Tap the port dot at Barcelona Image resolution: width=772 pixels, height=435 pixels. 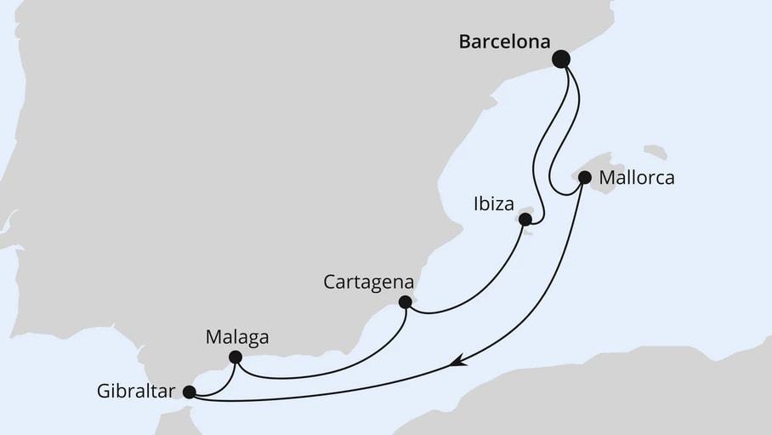click(561, 59)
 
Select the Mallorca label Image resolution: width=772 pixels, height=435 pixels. click(637, 179)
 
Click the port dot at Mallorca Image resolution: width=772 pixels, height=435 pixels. click(585, 178)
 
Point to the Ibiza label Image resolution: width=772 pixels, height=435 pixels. click(493, 204)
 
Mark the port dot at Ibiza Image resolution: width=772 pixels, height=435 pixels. click(525, 220)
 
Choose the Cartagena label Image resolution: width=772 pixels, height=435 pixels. click(369, 281)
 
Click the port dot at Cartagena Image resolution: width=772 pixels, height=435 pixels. click(406, 301)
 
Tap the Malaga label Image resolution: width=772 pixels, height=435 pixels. click(237, 337)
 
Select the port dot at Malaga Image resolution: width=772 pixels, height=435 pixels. click(236, 358)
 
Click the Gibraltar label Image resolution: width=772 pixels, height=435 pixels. click(136, 392)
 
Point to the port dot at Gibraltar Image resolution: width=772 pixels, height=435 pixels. click(189, 392)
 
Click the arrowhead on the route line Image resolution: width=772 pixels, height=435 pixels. click(458, 362)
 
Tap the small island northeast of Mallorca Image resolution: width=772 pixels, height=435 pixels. click(655, 152)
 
